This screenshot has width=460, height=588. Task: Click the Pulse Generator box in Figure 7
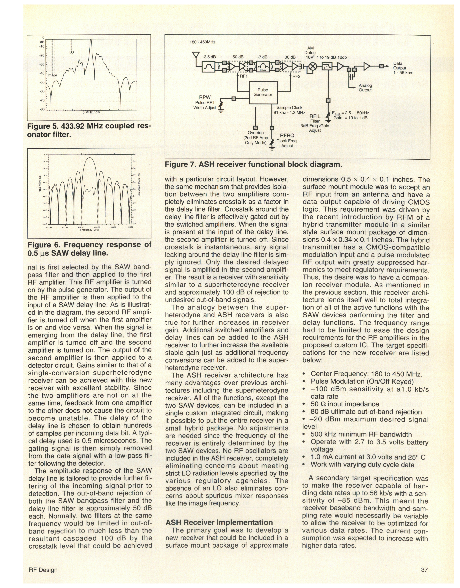pyautogui.click(x=263, y=92)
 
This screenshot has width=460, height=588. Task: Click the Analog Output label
pyautogui.click(x=365, y=88)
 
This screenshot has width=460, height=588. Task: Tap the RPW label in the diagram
pyautogui.click(x=205, y=97)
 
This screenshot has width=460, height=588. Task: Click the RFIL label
pyautogui.click(x=315, y=116)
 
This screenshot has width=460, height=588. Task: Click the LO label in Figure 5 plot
pyautogui.click(x=71, y=52)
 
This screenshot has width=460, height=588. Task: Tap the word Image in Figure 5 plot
pyautogui.click(x=52, y=75)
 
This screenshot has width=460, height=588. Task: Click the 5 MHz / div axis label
pyautogui.click(x=91, y=112)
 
